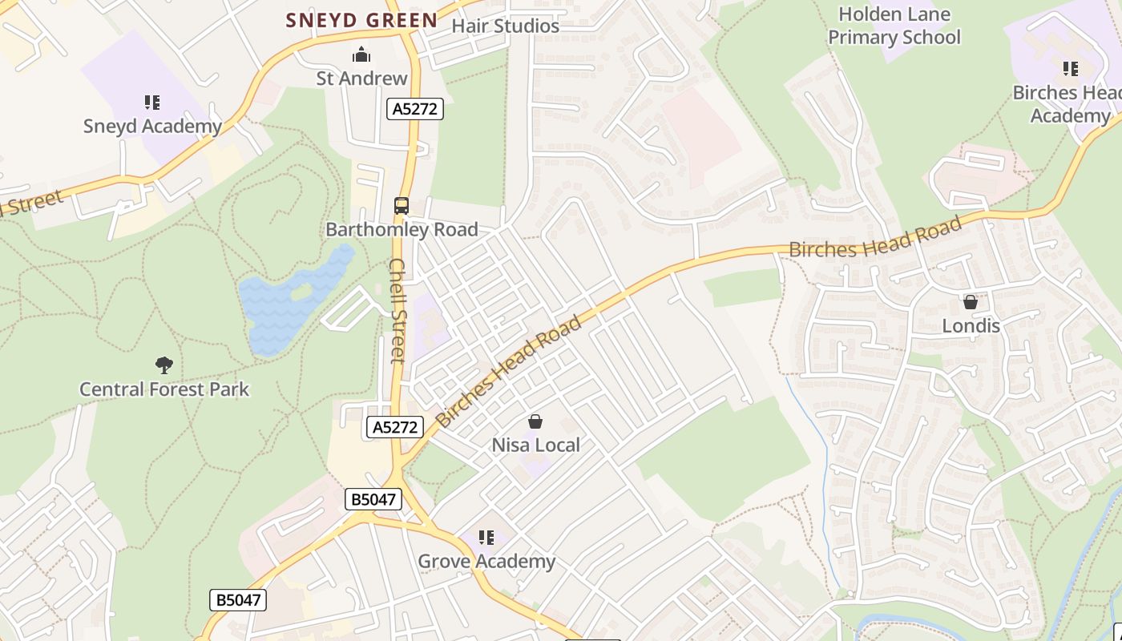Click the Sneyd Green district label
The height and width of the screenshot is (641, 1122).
(x=362, y=20)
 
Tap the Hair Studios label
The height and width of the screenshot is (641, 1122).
(x=505, y=26)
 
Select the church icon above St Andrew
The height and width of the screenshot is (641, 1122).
(x=361, y=55)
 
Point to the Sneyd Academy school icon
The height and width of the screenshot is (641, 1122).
(x=152, y=103)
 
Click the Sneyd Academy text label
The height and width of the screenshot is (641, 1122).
(x=152, y=127)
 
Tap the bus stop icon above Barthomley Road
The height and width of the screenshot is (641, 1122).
(x=402, y=206)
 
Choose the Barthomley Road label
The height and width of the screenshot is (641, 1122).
(x=402, y=230)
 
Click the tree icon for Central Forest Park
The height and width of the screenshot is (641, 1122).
(x=164, y=365)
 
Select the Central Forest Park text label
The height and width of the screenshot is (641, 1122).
(x=164, y=389)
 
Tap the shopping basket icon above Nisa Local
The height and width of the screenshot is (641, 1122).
(x=535, y=421)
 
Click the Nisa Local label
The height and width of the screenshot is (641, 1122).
(x=535, y=445)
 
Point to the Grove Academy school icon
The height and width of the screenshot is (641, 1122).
(x=486, y=538)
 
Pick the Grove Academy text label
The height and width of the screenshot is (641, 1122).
(x=486, y=562)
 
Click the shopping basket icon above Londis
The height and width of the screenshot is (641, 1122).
(x=971, y=302)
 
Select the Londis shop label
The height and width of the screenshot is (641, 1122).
(x=971, y=326)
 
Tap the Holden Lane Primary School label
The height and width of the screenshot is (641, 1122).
(x=894, y=26)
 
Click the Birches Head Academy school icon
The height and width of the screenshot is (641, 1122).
(x=1070, y=69)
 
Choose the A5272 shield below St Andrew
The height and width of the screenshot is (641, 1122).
(x=414, y=109)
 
